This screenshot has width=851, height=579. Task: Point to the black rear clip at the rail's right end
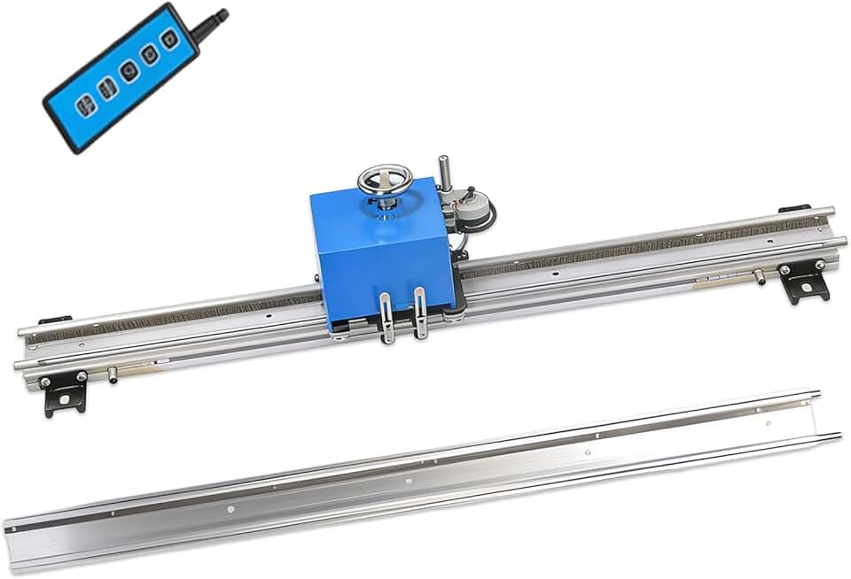pos(793,210)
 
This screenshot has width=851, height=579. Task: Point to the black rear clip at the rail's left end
pos(55,320)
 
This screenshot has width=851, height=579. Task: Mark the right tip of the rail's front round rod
pos(841,240)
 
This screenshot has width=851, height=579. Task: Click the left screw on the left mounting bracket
pos(44,382)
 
